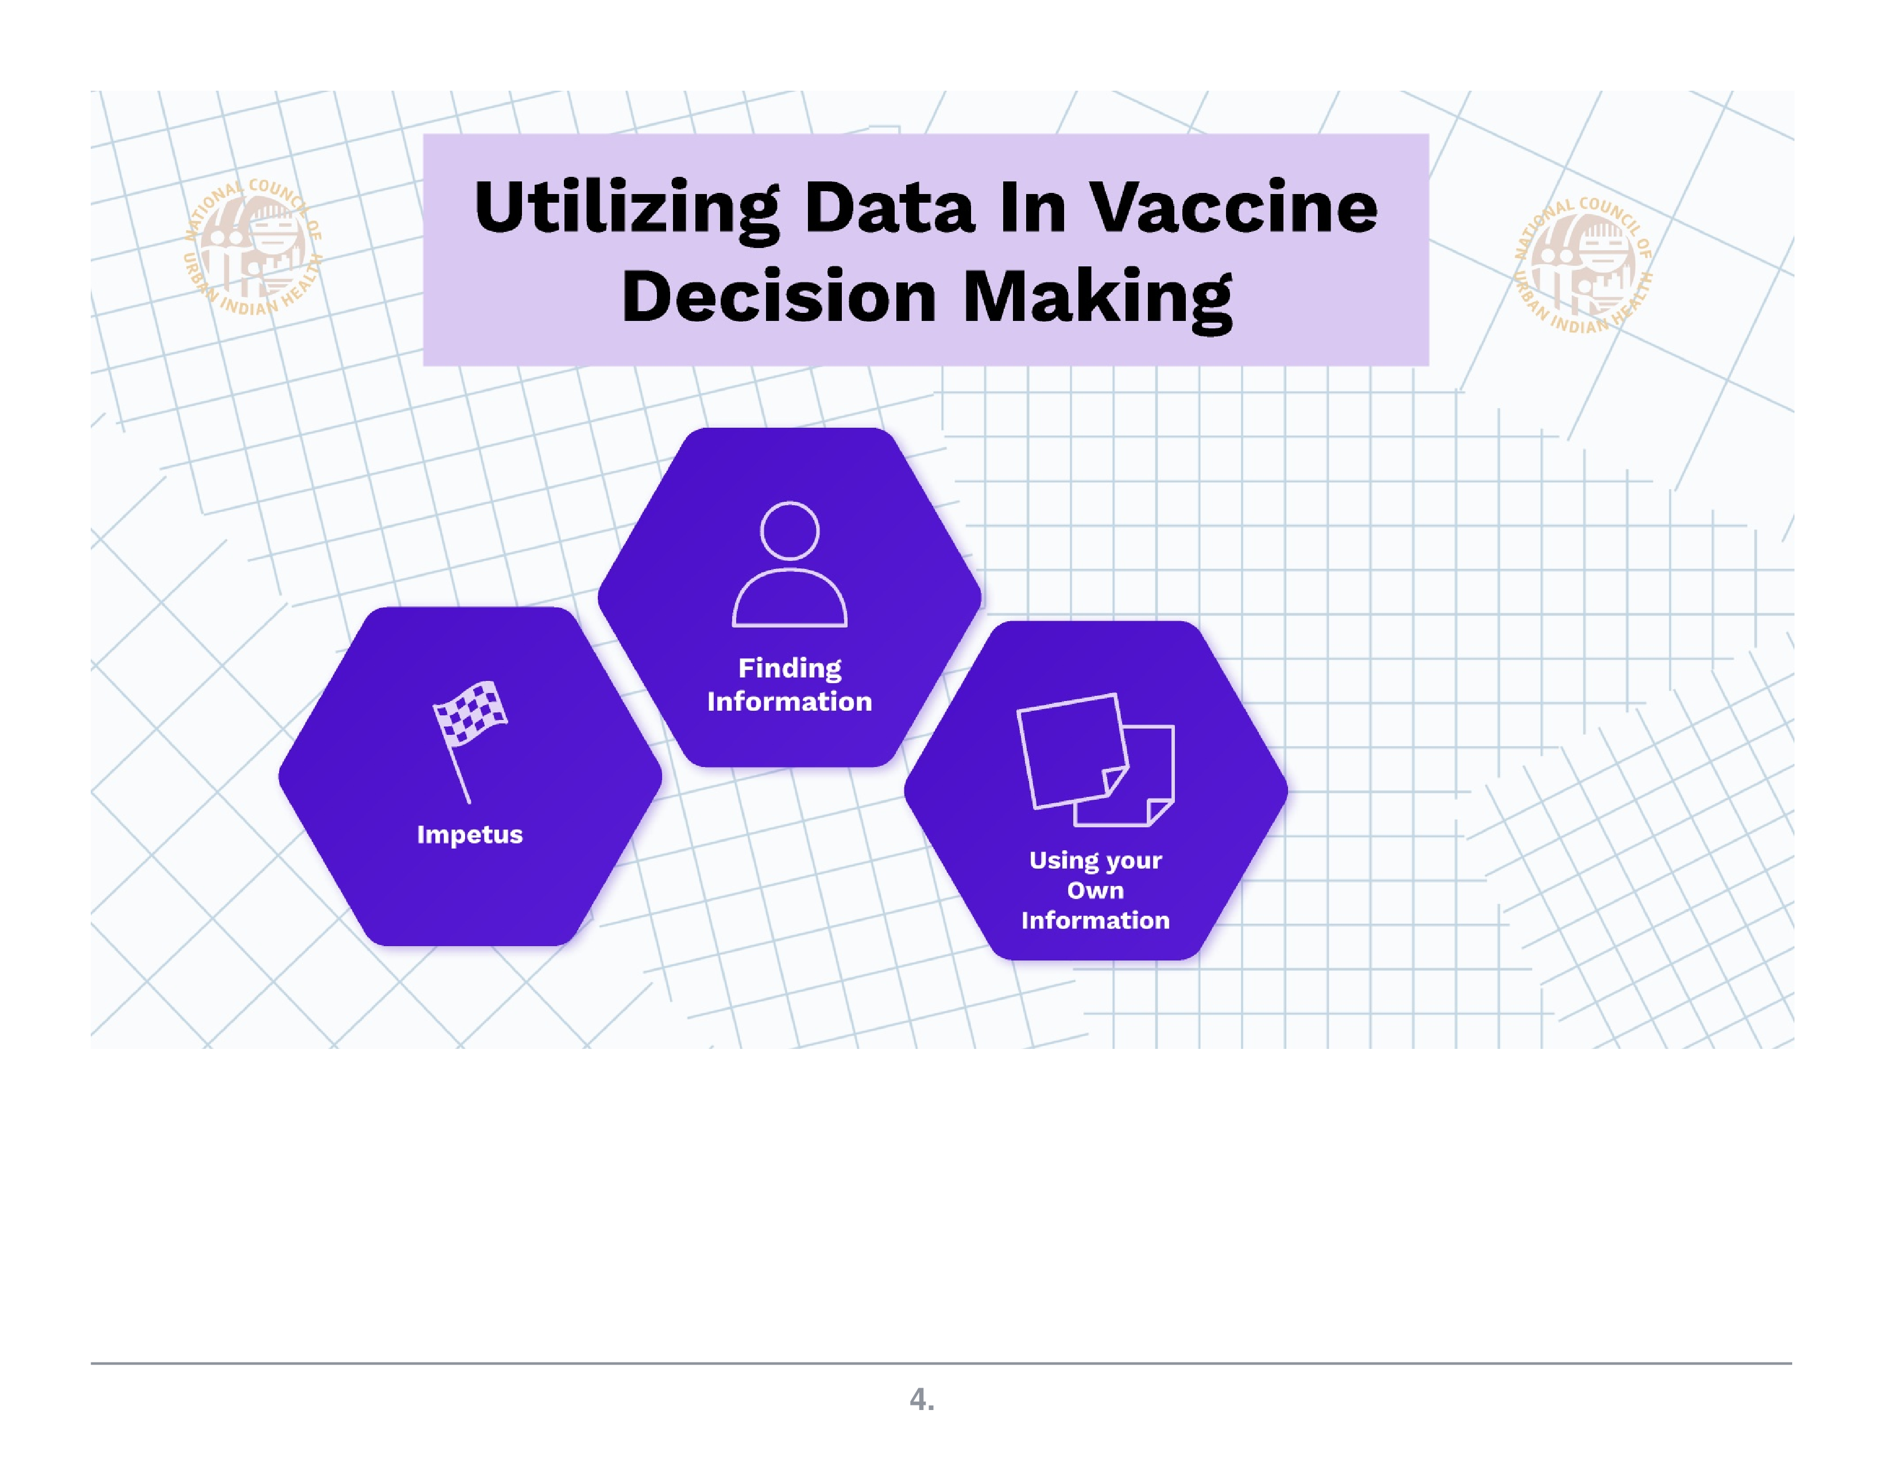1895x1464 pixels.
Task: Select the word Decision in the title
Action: pyautogui.click(x=778, y=297)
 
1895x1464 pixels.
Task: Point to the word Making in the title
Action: pyautogui.click(x=1097, y=297)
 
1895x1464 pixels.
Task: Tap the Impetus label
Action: pyautogui.click(x=469, y=834)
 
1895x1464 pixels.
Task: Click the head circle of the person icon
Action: pyautogui.click(x=790, y=530)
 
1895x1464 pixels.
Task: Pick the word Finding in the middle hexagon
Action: pyautogui.click(x=790, y=668)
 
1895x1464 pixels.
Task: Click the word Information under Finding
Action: pyautogui.click(x=790, y=701)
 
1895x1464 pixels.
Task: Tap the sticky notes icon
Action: pyautogui.click(x=1095, y=760)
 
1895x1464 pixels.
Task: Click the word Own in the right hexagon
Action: pyautogui.click(x=1095, y=890)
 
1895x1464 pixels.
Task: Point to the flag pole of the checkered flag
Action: pyautogui.click(x=458, y=772)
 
